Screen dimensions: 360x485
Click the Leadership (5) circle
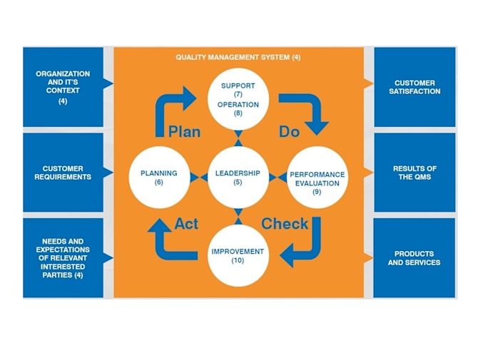click(x=238, y=177)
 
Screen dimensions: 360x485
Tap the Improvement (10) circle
click(x=238, y=255)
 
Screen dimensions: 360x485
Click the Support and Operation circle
click(x=238, y=98)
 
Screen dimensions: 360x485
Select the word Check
click(x=285, y=223)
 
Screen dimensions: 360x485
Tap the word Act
click(x=186, y=223)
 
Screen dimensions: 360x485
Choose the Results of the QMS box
click(x=415, y=173)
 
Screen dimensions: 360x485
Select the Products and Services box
click(x=414, y=257)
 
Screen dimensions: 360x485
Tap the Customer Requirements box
click(x=63, y=173)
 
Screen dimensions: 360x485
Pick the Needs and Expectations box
click(x=63, y=257)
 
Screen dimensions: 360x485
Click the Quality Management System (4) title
click(x=238, y=56)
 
